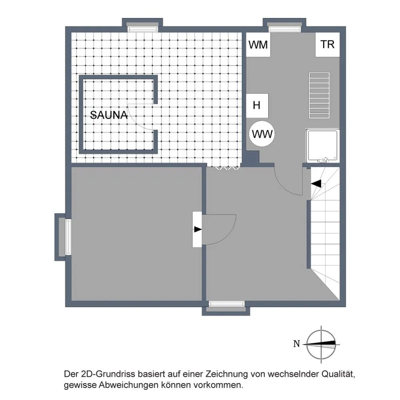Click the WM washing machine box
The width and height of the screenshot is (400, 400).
(x=258, y=45)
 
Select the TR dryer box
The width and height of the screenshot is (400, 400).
(x=328, y=45)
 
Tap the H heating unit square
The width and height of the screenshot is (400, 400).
(x=257, y=105)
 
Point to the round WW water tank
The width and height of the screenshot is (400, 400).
(x=262, y=134)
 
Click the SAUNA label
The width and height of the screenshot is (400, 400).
(x=109, y=115)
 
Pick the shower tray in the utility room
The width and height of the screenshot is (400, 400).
(x=323, y=145)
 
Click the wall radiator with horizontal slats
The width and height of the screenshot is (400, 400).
(x=319, y=96)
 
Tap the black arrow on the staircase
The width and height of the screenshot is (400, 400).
(x=316, y=183)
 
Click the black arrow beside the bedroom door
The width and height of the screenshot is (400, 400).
(x=198, y=229)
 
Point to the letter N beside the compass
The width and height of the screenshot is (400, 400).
(x=296, y=344)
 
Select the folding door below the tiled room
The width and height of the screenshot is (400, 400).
(x=228, y=168)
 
